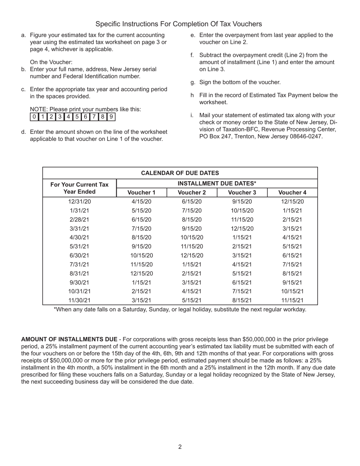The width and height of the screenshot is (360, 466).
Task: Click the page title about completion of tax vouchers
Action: (178, 24)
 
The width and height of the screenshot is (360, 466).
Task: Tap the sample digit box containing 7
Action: (94, 117)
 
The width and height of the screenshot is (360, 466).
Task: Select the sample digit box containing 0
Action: (34, 117)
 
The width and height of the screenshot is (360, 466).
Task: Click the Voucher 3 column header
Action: (242, 192)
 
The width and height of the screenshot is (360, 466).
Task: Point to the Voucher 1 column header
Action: (141, 192)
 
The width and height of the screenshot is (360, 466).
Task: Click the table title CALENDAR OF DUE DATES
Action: (180, 173)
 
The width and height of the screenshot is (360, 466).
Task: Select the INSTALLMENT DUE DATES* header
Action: (217, 183)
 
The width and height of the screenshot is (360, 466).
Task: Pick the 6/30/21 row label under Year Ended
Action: (80, 255)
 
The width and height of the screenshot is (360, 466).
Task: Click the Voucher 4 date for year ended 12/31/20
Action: (292, 202)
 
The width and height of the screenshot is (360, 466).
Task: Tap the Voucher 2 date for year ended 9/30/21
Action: (192, 282)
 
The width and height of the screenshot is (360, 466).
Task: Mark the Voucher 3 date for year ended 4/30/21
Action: (242, 238)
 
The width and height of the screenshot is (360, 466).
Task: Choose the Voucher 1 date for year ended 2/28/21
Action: (141, 220)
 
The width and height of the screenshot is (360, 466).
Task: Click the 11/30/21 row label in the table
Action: (80, 300)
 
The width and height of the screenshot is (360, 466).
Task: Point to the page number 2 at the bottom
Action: (180, 447)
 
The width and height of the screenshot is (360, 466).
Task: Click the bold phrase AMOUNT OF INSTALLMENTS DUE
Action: (69, 339)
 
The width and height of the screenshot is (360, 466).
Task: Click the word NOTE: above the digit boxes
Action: (38, 109)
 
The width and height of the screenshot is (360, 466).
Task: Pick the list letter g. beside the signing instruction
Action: (193, 82)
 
